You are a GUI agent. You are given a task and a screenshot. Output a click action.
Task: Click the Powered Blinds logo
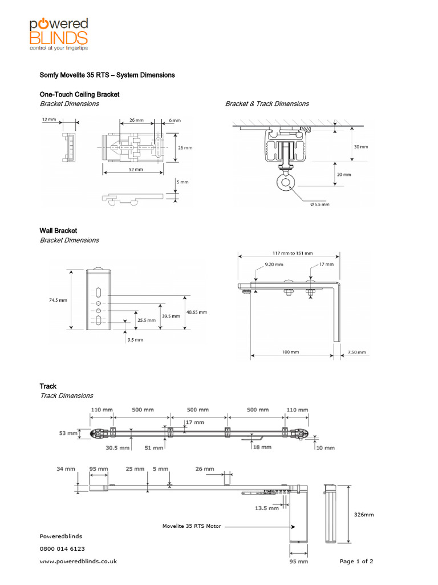(x=59, y=34)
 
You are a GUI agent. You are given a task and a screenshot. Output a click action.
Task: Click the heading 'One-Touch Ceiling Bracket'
(x=79, y=94)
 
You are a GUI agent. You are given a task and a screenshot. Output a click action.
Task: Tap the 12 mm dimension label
(x=48, y=121)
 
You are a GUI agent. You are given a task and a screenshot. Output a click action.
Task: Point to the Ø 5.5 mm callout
(x=319, y=204)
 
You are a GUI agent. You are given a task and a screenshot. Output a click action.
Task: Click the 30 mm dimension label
(x=360, y=146)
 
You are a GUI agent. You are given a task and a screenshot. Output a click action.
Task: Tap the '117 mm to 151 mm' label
(x=289, y=254)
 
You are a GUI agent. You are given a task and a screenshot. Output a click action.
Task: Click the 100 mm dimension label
(x=290, y=352)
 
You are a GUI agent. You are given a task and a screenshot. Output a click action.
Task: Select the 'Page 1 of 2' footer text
(x=356, y=562)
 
